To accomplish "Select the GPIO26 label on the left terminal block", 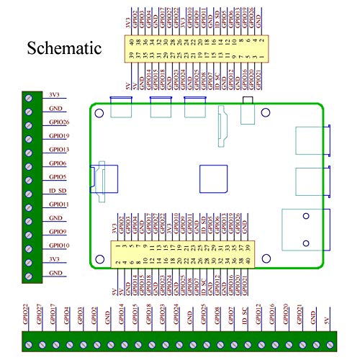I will tap(59, 122).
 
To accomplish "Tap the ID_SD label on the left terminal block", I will tap(58, 191).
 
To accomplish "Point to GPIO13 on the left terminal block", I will tap(59, 150).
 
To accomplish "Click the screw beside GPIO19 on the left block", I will tap(30, 137).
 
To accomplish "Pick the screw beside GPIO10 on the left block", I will tap(30, 246).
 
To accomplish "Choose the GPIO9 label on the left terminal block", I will tap(58, 232).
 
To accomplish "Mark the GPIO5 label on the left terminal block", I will tap(58, 177).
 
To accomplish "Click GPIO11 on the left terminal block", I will tap(59, 204).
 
